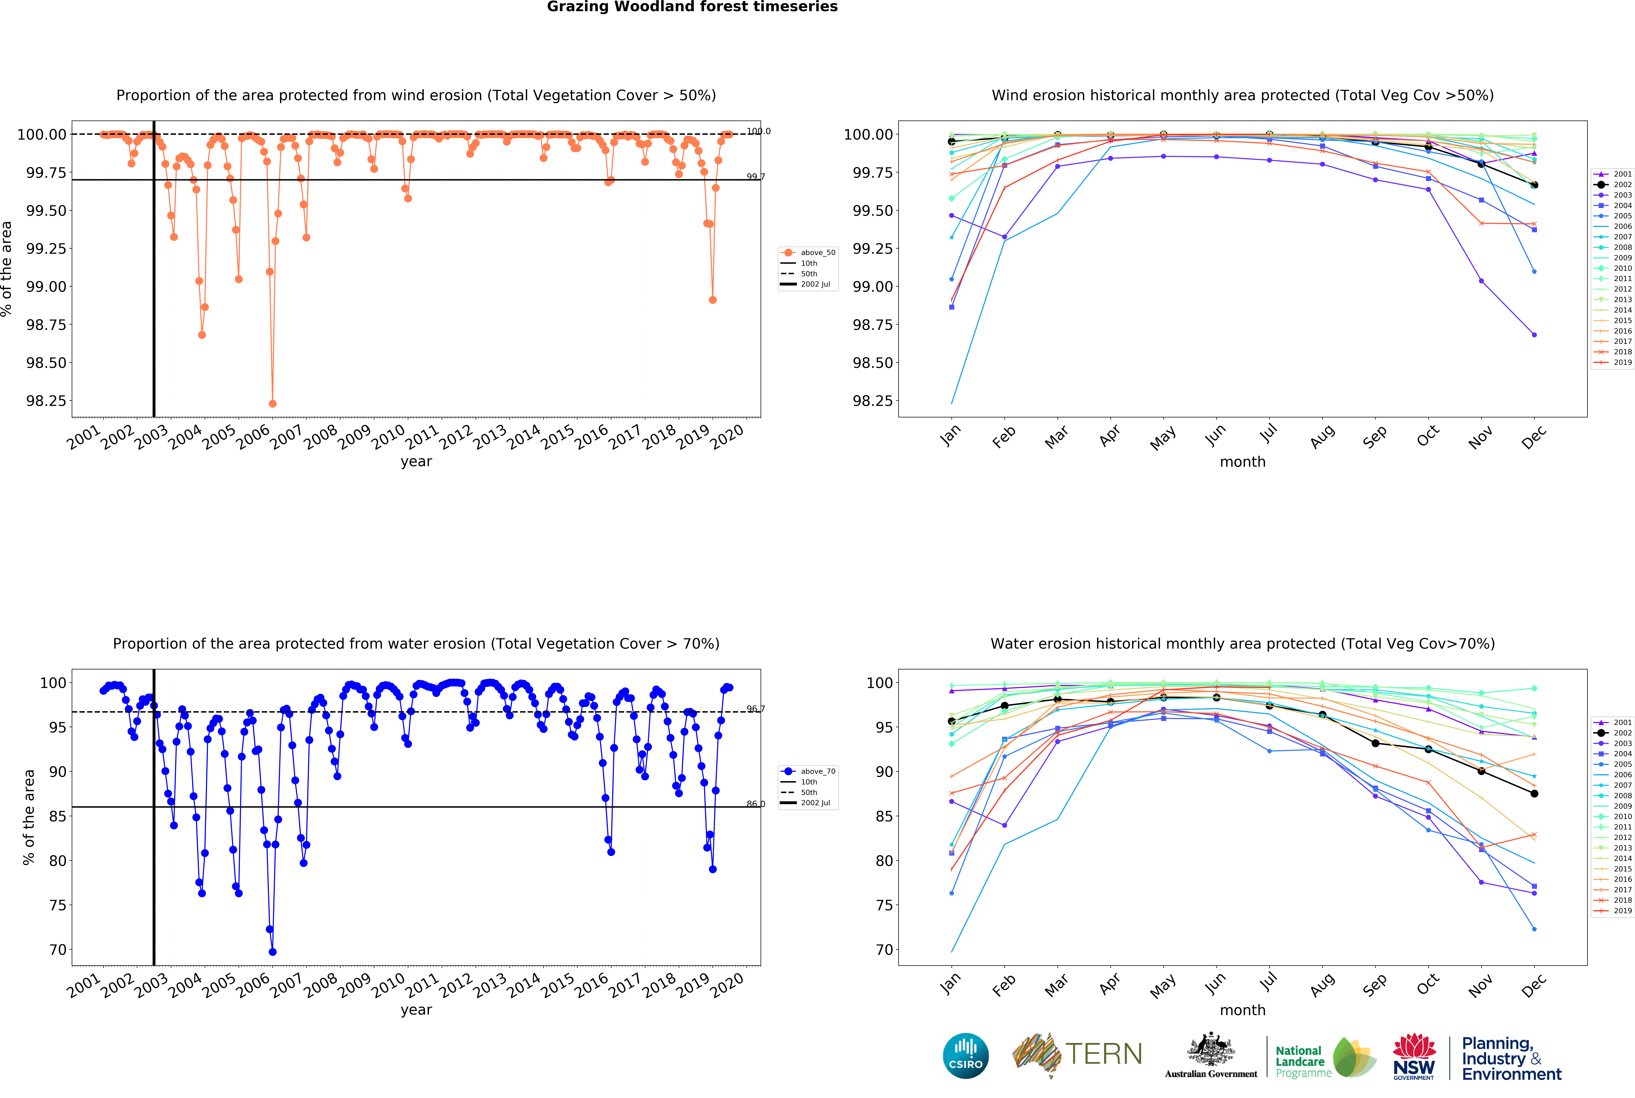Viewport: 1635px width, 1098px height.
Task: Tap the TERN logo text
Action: pyautogui.click(x=1103, y=1054)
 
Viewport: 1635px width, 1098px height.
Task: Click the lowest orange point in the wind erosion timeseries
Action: pyautogui.click(x=272, y=404)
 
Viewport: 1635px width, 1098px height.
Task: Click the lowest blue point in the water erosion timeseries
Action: pyautogui.click(x=272, y=952)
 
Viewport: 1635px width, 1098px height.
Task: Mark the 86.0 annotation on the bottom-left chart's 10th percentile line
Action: pyautogui.click(x=755, y=804)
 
